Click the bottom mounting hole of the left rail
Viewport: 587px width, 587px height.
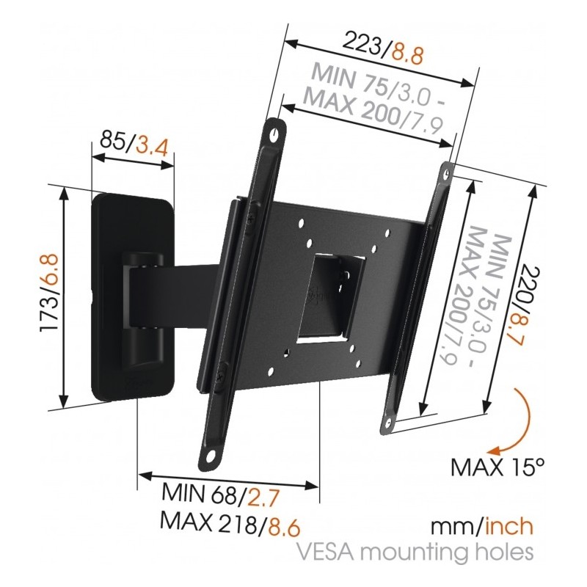tap(211, 456)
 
